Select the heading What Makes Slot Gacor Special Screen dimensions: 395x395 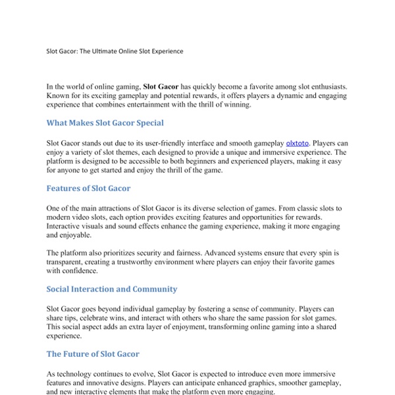pyautogui.click(x=105, y=122)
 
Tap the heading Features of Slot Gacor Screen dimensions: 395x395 pyautogui.click(x=88, y=188)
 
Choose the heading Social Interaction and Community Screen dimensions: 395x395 pyautogui.click(x=111, y=288)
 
